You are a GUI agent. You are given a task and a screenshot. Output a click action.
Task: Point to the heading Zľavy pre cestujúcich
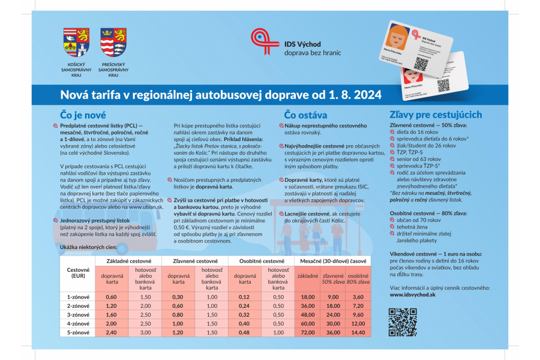436,114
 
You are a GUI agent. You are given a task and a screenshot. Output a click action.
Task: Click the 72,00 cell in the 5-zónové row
308,332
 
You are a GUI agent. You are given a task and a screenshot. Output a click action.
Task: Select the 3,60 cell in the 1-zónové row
358,297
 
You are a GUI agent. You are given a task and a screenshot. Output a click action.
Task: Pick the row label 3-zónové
78,314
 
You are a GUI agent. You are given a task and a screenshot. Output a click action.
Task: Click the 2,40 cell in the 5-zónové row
110,332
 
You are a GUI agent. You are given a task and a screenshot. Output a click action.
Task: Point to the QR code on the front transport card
422,63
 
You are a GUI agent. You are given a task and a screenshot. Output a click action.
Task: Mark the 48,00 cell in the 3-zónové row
308,314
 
